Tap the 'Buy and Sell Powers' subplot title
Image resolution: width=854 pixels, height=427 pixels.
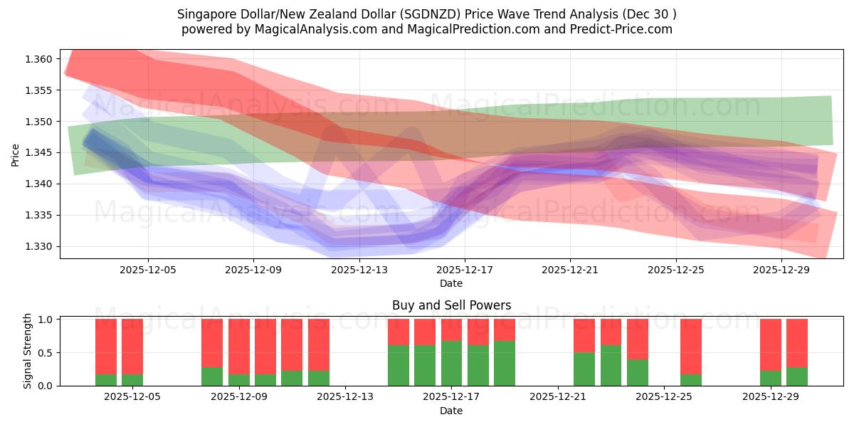coord(451,305)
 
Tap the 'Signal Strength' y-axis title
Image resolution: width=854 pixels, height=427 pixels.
coord(28,351)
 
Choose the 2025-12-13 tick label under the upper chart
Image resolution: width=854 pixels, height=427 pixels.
coord(359,270)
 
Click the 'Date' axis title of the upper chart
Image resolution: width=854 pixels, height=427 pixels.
coord(451,283)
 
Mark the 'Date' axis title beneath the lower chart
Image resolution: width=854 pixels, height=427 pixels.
coord(451,411)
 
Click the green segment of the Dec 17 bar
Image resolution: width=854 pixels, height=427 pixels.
coord(451,364)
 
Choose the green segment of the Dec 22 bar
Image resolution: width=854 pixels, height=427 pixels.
coord(584,369)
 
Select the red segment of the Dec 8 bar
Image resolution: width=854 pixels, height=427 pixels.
coord(212,342)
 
